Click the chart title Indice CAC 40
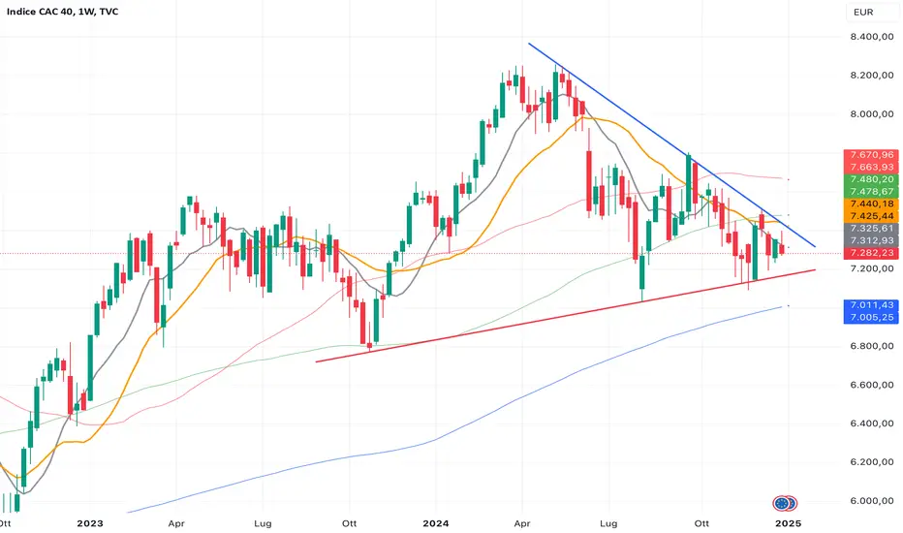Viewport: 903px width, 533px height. [41, 12]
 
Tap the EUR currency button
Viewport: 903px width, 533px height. [863, 12]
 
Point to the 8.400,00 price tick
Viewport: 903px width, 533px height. [872, 37]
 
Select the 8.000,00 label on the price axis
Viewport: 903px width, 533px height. [872, 114]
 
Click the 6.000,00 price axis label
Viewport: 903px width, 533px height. [872, 501]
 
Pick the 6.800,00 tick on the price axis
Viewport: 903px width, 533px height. [872, 346]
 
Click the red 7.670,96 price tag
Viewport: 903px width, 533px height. [871, 155]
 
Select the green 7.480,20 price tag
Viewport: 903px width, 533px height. [871, 179]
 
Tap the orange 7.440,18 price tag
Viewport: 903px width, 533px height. [871, 204]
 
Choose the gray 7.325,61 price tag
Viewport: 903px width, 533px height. [871, 228]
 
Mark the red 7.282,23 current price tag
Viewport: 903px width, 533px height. [871, 253]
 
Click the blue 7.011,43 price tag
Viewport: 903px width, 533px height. [871, 305]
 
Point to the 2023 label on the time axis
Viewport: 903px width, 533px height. [90, 523]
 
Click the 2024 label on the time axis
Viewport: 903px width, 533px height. [435, 523]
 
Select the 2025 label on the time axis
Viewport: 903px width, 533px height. [788, 523]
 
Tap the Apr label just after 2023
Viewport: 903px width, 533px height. [176, 523]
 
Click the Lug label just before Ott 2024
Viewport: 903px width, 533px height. [608, 523]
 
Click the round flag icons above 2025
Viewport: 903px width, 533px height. [785, 504]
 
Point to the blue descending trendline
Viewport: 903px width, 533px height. [672, 144]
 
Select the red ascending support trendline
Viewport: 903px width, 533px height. [566, 316]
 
